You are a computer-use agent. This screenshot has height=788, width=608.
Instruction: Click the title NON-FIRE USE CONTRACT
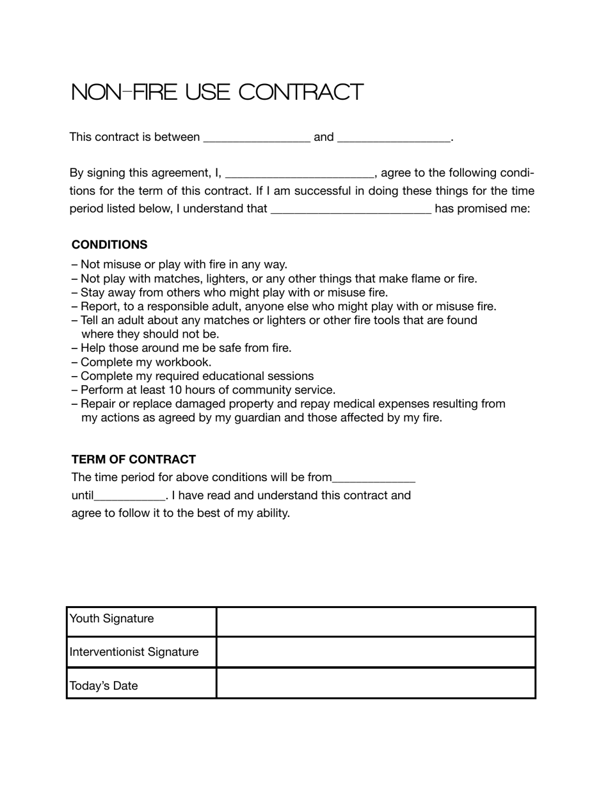pyautogui.click(x=217, y=92)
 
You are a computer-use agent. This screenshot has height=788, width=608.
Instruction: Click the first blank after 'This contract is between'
pyautogui.click(x=257, y=138)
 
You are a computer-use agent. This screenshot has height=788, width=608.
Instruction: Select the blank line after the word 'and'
pyautogui.click(x=394, y=138)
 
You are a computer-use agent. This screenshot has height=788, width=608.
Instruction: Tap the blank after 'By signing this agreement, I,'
pyautogui.click(x=300, y=174)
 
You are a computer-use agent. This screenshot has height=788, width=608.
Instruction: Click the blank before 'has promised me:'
pyautogui.click(x=351, y=209)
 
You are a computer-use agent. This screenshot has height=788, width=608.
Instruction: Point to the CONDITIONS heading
pyautogui.click(x=109, y=245)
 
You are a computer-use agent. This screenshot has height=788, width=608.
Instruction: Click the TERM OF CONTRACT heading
pyautogui.click(x=134, y=459)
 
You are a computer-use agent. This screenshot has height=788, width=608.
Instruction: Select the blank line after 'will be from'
pyautogui.click(x=374, y=479)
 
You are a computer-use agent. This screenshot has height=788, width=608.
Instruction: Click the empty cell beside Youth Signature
pyautogui.click(x=376, y=621)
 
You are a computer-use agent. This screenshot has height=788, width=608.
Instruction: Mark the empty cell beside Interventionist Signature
pyautogui.click(x=376, y=652)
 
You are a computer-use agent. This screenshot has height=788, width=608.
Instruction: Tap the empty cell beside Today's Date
pyautogui.click(x=376, y=684)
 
